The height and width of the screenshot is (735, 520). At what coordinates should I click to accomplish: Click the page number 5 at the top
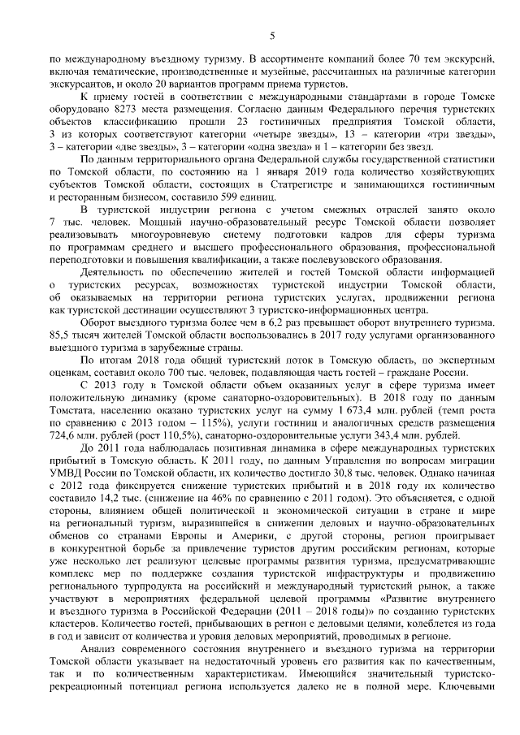[x=271, y=34]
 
